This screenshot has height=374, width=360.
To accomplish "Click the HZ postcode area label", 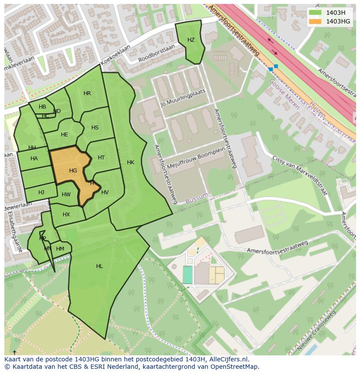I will pyautogui.click(x=191, y=40).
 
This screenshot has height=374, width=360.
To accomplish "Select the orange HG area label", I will pyautogui.click(x=73, y=171).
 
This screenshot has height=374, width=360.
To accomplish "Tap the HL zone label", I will pyautogui.click(x=100, y=266).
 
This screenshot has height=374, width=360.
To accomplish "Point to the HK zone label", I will pyautogui.click(x=130, y=162).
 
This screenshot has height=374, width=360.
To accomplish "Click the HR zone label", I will pyautogui.click(x=87, y=93).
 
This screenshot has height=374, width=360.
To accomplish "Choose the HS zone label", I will pyautogui.click(x=95, y=128).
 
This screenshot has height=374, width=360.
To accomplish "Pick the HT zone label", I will pyautogui.click(x=101, y=158).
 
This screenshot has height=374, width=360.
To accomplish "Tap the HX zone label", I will pyautogui.click(x=66, y=215).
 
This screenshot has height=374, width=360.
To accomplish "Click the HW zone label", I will pyautogui.click(x=66, y=195).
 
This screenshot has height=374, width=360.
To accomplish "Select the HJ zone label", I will pyautogui.click(x=41, y=192).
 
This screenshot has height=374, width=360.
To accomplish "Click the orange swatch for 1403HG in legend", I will pyautogui.click(x=315, y=21).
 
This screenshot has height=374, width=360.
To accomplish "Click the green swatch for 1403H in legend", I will pyautogui.click(x=315, y=13).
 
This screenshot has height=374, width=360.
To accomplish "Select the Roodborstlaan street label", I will pyautogui.click(x=156, y=53).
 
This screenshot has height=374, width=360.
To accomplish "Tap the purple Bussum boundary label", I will pyautogui.click(x=197, y=198).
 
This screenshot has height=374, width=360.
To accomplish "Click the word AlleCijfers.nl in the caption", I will pyautogui.click(x=228, y=359).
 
